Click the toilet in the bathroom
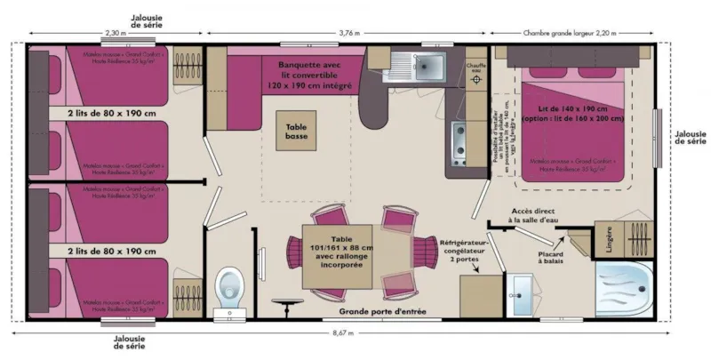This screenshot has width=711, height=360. click(230, 289)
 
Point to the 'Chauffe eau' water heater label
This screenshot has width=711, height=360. click(476, 67)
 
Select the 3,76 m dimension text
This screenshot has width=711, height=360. click(349, 33)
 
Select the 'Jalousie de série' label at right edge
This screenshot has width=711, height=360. click(689, 135)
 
